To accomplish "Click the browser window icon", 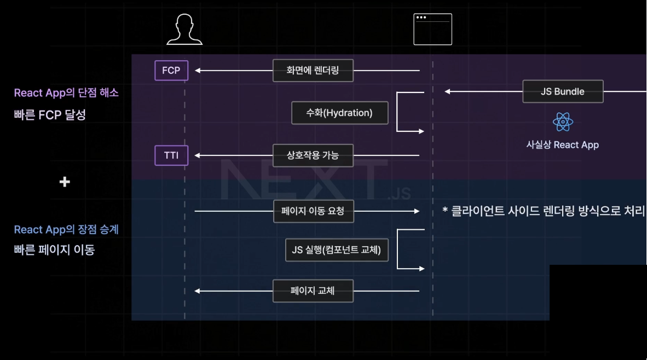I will click(x=432, y=29).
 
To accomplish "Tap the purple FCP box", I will click(x=171, y=71).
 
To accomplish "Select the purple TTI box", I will click(x=171, y=155).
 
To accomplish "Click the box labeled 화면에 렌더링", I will click(x=313, y=71).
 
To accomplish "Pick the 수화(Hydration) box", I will click(x=339, y=113).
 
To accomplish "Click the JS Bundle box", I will click(x=563, y=91).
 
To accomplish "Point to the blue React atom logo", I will click(x=563, y=122).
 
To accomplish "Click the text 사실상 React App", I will click(x=563, y=145).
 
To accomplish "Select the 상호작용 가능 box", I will click(x=313, y=155).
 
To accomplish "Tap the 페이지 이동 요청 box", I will click(x=313, y=211).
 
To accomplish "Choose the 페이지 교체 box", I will click(x=313, y=291).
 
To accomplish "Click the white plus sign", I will click(x=65, y=182).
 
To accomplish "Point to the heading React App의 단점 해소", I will click(x=66, y=93).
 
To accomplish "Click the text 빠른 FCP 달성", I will click(x=50, y=115).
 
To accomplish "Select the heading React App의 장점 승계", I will click(x=66, y=230).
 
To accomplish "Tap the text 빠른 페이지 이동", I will click(x=54, y=250).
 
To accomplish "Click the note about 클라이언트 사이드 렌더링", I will click(x=544, y=211).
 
